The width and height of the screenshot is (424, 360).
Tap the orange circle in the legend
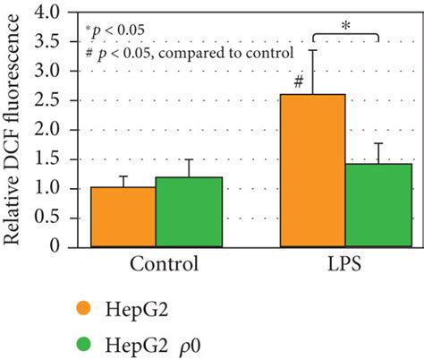click(x=84, y=308)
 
